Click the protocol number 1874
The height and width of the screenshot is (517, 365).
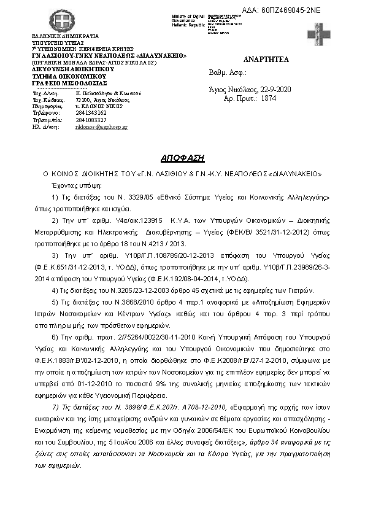tap(270, 98)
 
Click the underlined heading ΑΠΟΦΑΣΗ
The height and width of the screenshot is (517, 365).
tap(182, 157)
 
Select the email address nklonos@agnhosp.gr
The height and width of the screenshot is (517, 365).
tap(101, 126)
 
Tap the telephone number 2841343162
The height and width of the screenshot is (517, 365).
tap(91, 113)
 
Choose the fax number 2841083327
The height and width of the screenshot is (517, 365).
tap(91, 120)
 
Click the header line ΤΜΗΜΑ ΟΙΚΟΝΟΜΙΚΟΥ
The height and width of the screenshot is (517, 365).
tap(62, 76)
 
